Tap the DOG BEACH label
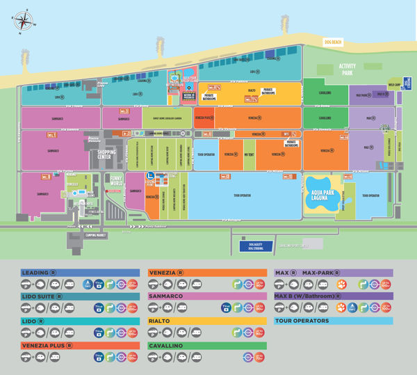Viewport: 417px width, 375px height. pyautogui.click(x=334, y=43)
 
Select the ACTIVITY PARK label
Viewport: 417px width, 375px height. pyautogui.click(x=347, y=70)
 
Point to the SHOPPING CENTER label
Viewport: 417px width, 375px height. pyautogui.click(x=106, y=154)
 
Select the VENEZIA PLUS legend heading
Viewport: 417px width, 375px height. pyautogui.click(x=46, y=344)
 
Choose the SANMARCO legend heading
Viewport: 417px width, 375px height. pyautogui.click(x=167, y=296)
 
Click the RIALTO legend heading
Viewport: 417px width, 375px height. pyautogui.click(x=162, y=321)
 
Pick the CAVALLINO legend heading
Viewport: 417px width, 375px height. pyautogui.click(x=167, y=344)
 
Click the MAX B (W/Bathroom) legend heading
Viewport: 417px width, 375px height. pyautogui.click(x=313, y=296)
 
